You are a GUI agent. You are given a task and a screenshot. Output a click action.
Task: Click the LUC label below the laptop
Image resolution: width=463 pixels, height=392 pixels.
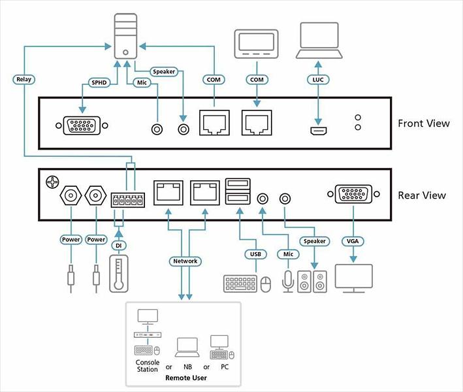click(317, 80)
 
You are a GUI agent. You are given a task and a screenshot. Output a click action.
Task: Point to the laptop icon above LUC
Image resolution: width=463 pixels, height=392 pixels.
click(319, 39)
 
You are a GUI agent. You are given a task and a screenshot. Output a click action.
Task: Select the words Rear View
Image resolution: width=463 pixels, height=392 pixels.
click(422, 195)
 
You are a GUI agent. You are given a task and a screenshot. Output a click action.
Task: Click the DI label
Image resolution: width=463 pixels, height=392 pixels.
click(118, 245)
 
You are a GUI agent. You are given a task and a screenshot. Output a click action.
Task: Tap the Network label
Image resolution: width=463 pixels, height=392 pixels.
click(185, 261)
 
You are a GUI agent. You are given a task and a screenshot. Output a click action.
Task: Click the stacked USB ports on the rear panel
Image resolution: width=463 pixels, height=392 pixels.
click(238, 194)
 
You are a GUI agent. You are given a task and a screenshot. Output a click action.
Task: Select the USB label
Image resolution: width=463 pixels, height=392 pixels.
click(255, 253)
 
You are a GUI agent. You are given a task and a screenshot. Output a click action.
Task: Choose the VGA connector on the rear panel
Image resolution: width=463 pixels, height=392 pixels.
click(353, 195)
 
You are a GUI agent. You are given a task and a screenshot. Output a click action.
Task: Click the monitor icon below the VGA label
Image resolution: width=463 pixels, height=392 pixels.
click(353, 277)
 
